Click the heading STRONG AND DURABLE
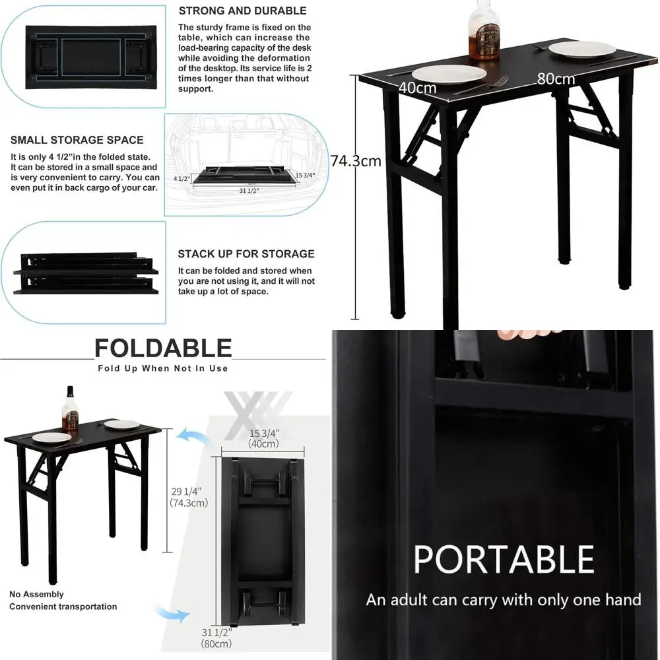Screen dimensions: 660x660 (x=242, y=11)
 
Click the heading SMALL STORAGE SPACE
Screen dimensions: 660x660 (x=77, y=140)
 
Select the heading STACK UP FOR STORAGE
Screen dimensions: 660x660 (x=246, y=253)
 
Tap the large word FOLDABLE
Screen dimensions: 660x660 (x=162, y=348)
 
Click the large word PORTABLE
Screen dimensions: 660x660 (x=504, y=559)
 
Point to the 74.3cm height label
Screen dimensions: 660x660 (x=356, y=161)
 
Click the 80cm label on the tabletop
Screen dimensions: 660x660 (x=555, y=79)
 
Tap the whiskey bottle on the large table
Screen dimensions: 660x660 (x=484, y=30)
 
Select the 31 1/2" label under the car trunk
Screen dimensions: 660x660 (x=249, y=190)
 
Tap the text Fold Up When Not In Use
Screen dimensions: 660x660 (x=162, y=368)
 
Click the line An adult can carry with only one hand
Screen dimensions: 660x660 (x=504, y=600)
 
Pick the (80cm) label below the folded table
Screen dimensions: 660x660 (x=217, y=643)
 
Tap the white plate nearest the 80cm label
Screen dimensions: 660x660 (x=581, y=49)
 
